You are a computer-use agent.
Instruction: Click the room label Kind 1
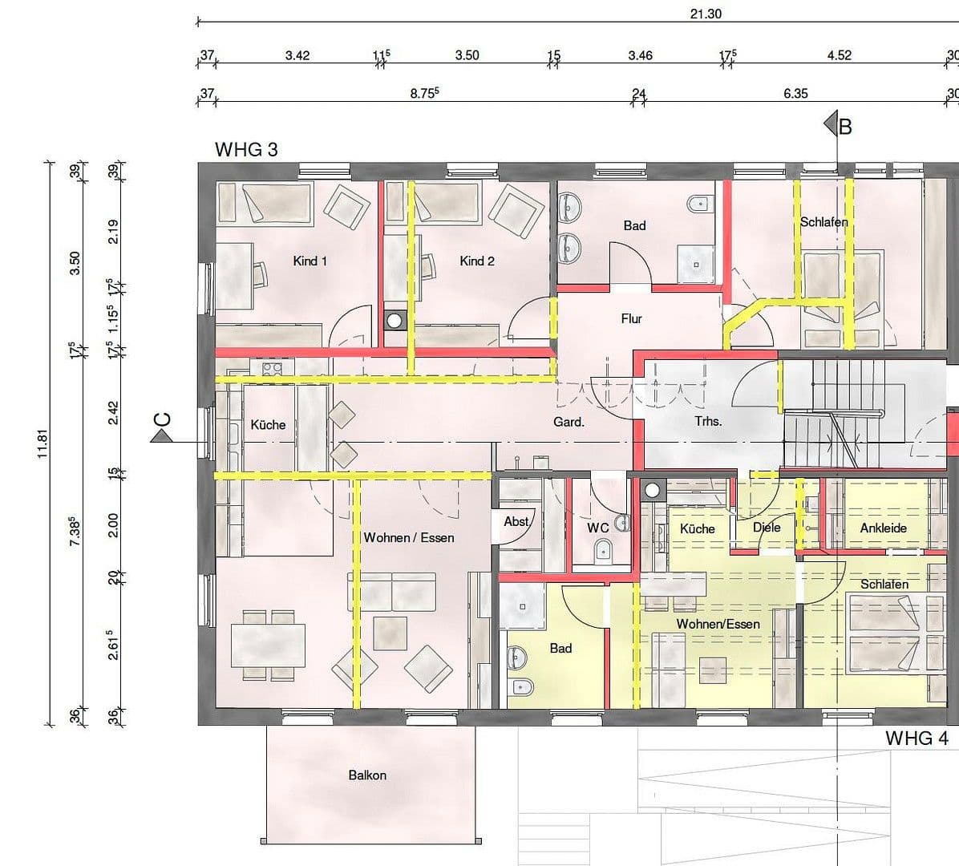pos(310,261)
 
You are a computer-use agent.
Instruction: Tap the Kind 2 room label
pos(476,261)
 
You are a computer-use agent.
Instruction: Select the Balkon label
pos(367,775)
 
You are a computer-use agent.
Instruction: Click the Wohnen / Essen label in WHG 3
pos(409,537)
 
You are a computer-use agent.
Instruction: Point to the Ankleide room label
pos(883,528)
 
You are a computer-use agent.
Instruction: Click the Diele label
pos(767,528)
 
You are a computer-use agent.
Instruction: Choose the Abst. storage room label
pos(516,522)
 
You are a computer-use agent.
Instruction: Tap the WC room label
pos(597,528)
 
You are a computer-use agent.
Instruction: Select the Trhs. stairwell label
pos(708,421)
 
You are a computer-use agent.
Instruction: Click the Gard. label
pos(569,421)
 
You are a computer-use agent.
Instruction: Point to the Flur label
pos(631,318)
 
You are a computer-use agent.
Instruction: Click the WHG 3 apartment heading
pos(246,149)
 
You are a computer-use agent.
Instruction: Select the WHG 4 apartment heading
pos(917,738)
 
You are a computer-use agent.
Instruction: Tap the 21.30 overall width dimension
pos(706,14)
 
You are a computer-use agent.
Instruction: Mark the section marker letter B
pos(844,126)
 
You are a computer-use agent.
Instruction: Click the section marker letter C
pos(161,419)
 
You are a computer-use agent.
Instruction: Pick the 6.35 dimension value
pos(795,94)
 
